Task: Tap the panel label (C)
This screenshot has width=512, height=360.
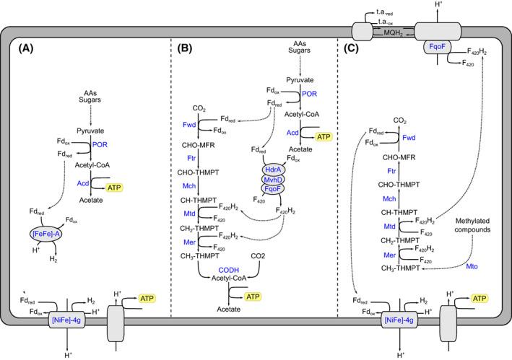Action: tap(354, 52)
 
